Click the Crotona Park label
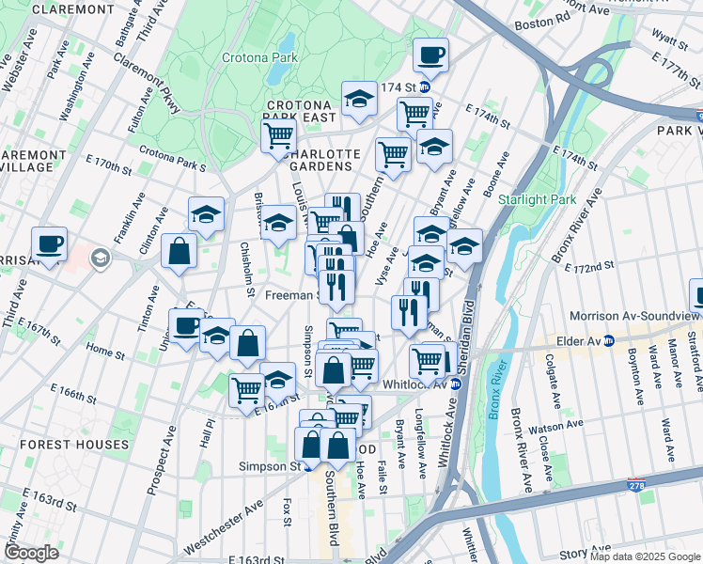(x=258, y=57)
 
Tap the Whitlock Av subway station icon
(x=456, y=384)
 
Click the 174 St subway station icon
(x=425, y=88)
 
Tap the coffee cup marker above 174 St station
(x=430, y=55)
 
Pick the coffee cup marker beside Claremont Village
(x=49, y=244)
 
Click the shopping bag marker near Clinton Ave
(x=178, y=251)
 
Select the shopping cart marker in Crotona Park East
(x=278, y=135)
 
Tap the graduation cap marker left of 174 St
(x=358, y=99)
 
